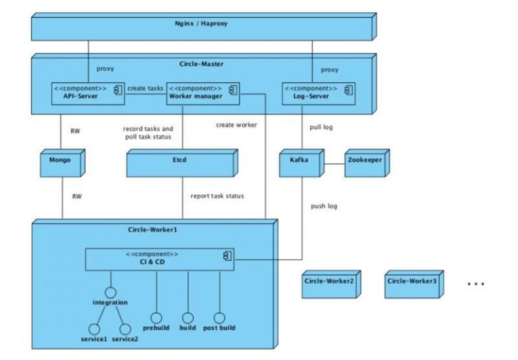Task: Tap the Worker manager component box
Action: (x=203, y=92)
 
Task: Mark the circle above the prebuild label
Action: (x=156, y=318)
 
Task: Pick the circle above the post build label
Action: (x=219, y=318)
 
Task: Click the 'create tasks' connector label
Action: (x=145, y=88)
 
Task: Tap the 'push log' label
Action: (x=324, y=206)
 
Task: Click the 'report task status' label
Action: (x=217, y=196)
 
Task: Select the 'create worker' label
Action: (x=236, y=124)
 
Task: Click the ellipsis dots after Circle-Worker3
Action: (x=476, y=284)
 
